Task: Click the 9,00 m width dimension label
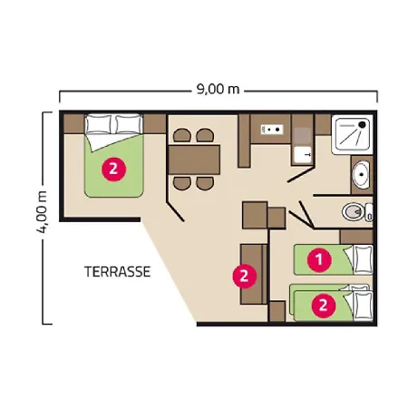tap(218, 89)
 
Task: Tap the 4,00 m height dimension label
tap(42, 212)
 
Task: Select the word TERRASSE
tap(117, 272)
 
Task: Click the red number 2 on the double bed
tap(113, 169)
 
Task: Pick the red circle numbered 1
tap(319, 259)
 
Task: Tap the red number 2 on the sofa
tap(244, 276)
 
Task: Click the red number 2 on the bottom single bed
tap(323, 306)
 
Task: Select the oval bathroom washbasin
tap(361, 175)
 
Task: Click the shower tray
tap(352, 134)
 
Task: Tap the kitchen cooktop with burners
tap(272, 130)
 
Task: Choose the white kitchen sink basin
tap(303, 154)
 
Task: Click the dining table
tap(194, 160)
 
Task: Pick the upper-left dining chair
tap(182, 135)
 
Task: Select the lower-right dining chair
tap(205, 183)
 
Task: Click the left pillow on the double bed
tap(98, 124)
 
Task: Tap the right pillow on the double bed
tap(128, 124)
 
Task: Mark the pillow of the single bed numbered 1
tap(363, 260)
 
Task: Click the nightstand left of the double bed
tap(74, 123)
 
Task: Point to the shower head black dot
tap(362, 124)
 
